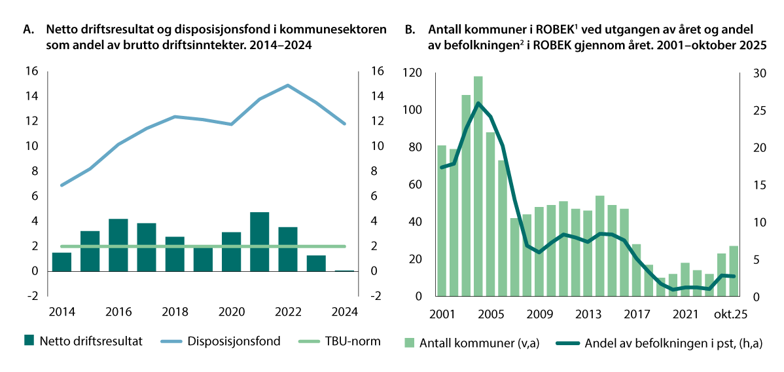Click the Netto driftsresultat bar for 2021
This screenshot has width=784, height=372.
click(x=260, y=242)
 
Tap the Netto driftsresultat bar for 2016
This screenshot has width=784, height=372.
click(x=118, y=245)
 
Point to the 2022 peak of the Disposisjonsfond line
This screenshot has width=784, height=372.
click(x=287, y=85)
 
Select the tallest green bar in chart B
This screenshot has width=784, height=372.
click(x=478, y=187)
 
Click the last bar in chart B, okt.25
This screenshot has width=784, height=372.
click(x=734, y=271)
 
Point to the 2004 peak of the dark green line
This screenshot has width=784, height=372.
click(x=478, y=103)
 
